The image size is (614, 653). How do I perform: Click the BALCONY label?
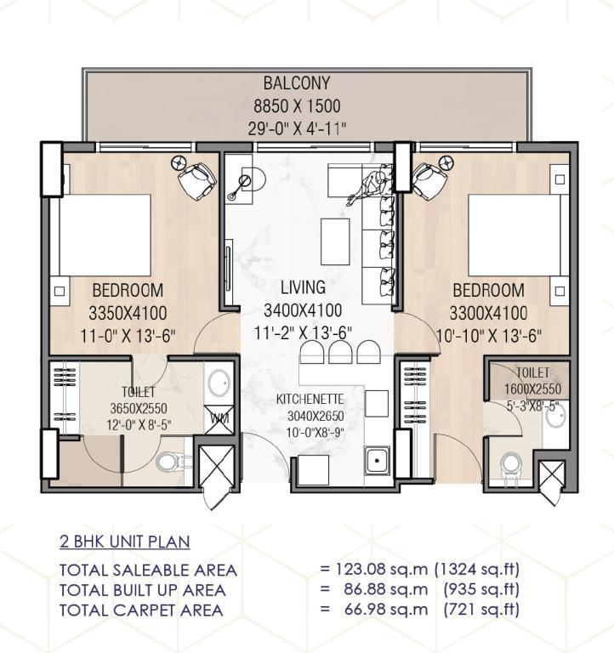[x=297, y=83]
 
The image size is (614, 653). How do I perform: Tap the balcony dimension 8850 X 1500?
[x=297, y=106]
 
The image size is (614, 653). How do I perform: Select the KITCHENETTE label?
[x=310, y=400]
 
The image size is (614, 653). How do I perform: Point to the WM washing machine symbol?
[x=219, y=419]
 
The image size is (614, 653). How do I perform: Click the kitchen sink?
[x=377, y=460]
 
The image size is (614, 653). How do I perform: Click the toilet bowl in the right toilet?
[x=511, y=466]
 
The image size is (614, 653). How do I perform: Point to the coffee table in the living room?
[x=335, y=241]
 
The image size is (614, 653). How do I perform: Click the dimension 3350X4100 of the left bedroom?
[x=128, y=313]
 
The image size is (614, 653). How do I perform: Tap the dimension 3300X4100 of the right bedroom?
[x=488, y=313]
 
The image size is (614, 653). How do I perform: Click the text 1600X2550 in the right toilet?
[x=532, y=389]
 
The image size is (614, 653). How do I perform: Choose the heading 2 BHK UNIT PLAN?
[x=125, y=542]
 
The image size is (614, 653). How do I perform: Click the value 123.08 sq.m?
[x=381, y=569]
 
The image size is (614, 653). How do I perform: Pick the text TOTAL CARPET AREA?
[x=141, y=610]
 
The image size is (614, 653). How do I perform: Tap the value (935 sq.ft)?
[x=481, y=589]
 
